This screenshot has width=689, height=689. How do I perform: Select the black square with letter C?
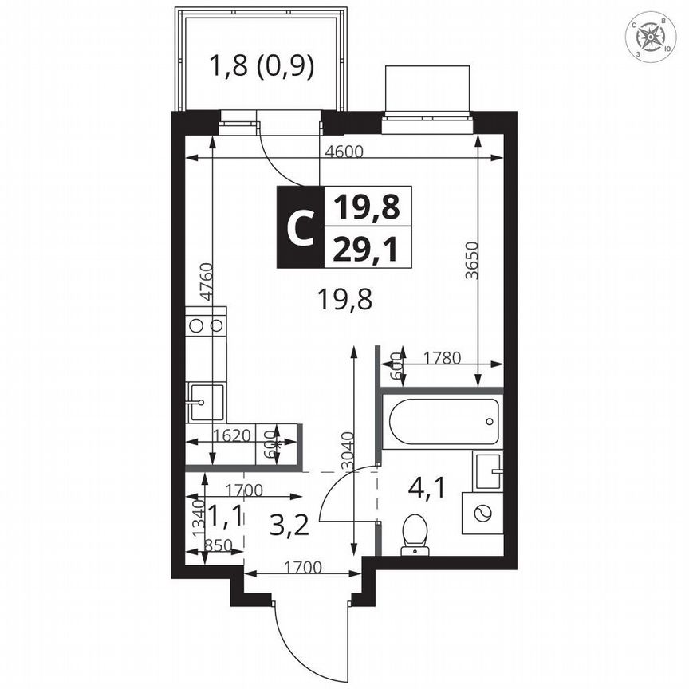tap(300, 227)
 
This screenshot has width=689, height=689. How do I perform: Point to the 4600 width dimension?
tap(341, 151)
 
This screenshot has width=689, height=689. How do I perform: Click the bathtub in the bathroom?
tap(443, 419)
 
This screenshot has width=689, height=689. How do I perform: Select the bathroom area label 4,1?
tap(427, 486)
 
